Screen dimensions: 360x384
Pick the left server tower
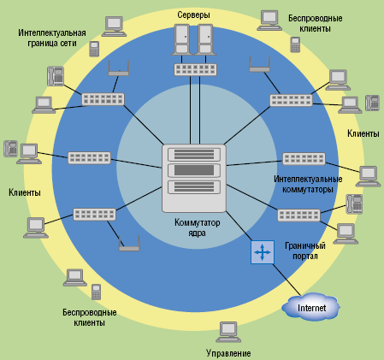point(181,41)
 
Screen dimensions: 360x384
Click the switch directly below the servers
point(194,68)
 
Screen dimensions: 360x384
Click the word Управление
point(228,352)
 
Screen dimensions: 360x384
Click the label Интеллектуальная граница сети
point(51,38)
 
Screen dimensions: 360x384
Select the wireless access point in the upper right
point(259,63)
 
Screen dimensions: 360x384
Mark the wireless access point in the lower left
point(129,245)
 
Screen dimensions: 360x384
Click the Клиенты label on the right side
point(363,134)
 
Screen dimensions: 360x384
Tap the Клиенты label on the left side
point(25,193)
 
